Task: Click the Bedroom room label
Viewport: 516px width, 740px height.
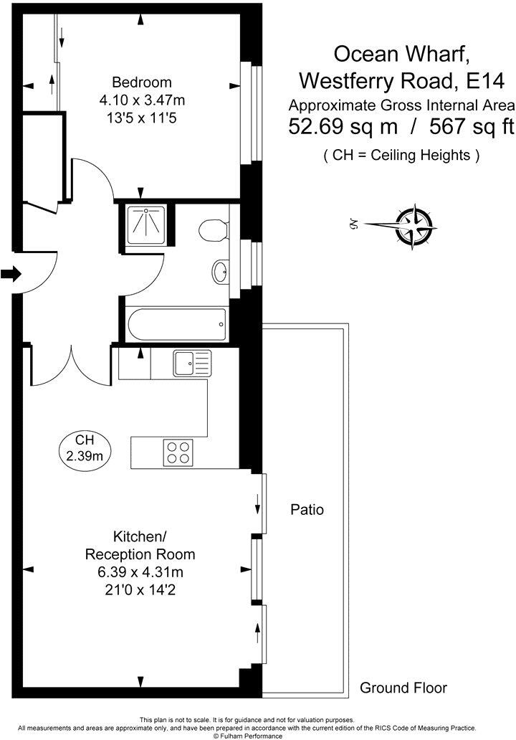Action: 141,82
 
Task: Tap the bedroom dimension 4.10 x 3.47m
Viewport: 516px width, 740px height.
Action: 141,100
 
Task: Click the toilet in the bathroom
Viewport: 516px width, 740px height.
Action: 213,231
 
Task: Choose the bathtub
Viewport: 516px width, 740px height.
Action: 177,325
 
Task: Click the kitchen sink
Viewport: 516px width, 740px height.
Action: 191,364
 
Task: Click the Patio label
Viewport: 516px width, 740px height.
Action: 307,510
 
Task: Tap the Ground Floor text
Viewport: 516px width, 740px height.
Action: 403,688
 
